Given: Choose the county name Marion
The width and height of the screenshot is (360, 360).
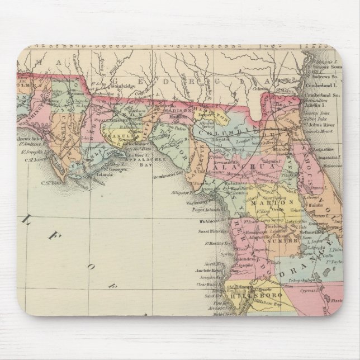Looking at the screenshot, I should pos(268,202).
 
